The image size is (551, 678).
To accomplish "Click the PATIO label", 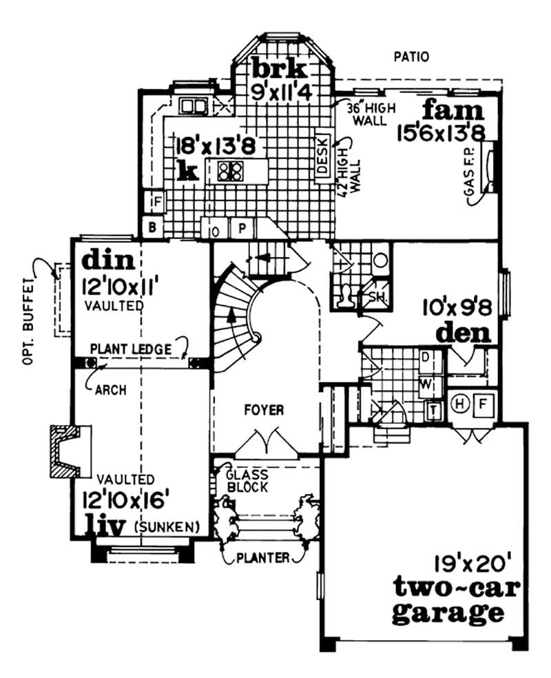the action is (410, 57).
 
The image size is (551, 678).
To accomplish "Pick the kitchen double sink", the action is (194, 106).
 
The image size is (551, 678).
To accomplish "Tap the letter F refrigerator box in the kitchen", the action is (157, 202).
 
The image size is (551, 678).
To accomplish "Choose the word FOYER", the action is (264, 411).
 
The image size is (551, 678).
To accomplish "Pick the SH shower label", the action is (377, 297).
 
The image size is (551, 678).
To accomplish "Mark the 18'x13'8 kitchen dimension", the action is (207, 147).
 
